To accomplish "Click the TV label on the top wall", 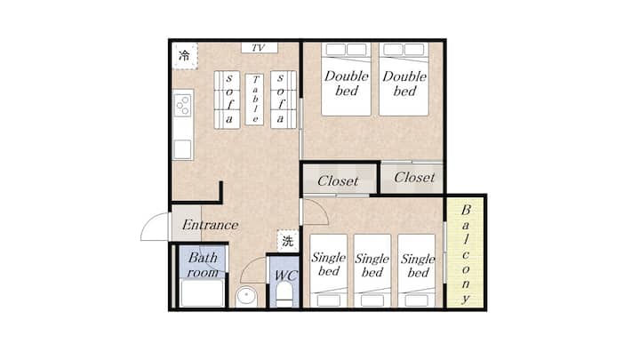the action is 258,48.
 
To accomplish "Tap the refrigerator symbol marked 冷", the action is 185,55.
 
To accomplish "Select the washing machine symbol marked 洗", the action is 288,241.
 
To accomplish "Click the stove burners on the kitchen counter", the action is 183,105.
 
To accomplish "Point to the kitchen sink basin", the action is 182,149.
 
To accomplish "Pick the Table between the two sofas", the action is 254,100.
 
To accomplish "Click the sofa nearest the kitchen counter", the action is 227,100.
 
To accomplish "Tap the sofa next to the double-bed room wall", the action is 284,100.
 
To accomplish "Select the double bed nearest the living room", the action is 346,79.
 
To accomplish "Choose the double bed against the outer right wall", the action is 404,79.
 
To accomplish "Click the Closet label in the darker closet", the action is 338,180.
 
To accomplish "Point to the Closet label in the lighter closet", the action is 414,178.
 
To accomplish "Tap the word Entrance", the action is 210,225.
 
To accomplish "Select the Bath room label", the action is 203,265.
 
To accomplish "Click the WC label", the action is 285,276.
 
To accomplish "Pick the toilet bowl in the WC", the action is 284,295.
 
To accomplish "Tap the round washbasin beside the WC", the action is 246,295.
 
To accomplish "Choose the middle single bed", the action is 372,270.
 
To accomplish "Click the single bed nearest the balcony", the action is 417,270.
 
